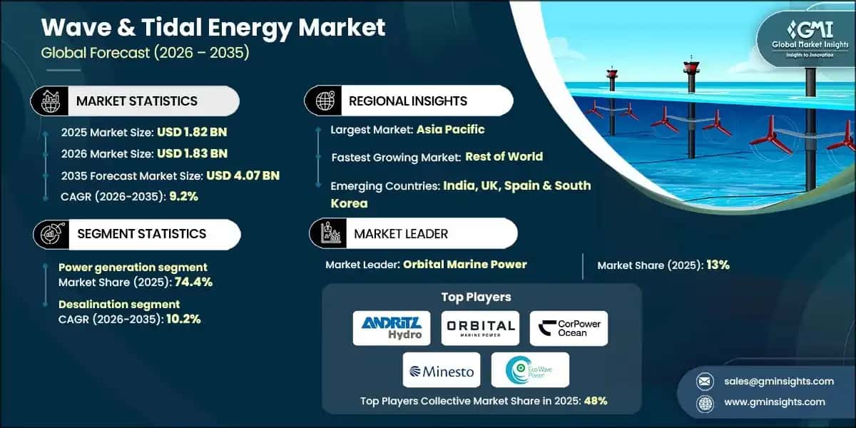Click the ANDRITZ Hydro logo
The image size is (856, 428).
pyautogui.click(x=392, y=327)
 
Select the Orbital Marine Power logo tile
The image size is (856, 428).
pyautogui.click(x=480, y=327)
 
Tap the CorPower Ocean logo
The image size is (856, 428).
pyautogui.click(x=569, y=327)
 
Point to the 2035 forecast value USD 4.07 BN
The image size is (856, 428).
pyautogui.click(x=243, y=175)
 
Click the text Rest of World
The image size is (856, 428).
pyautogui.click(x=504, y=156)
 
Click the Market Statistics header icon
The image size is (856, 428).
pyautogui.click(x=51, y=101)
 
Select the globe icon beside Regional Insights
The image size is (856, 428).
pyautogui.click(x=324, y=101)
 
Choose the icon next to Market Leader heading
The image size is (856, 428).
pyautogui.click(x=329, y=233)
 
